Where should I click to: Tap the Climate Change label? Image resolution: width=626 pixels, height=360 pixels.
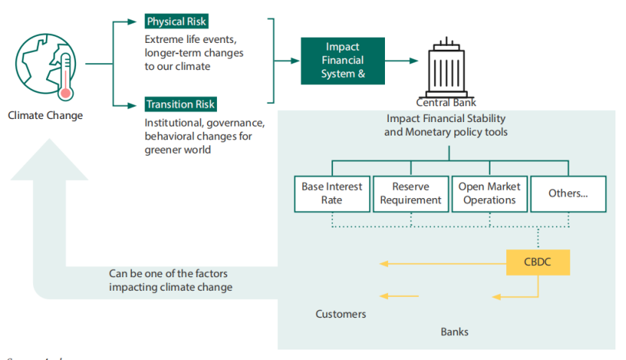(45, 115)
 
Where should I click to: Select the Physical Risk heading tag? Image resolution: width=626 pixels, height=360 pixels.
(176, 21)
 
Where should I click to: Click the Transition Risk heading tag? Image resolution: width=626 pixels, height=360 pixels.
(181, 105)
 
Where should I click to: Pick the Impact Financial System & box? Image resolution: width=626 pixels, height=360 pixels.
(343, 60)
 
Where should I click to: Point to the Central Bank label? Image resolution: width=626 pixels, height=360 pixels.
(446, 102)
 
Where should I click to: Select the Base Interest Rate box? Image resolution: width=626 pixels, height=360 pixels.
(331, 194)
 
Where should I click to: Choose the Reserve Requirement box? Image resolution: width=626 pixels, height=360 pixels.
(411, 194)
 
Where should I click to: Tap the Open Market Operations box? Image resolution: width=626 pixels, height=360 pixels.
(489, 194)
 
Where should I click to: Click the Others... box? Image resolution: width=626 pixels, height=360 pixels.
(568, 194)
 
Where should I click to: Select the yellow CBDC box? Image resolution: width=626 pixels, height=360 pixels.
(538, 262)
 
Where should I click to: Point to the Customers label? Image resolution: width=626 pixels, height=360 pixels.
(340, 314)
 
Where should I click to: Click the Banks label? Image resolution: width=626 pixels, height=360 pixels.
(454, 331)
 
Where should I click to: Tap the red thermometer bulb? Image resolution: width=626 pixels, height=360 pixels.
(66, 93)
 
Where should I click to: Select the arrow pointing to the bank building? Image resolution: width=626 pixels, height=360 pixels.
(403, 61)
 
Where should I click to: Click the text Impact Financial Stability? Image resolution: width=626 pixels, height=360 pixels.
(446, 119)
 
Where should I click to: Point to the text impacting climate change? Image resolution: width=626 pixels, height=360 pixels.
(170, 287)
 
